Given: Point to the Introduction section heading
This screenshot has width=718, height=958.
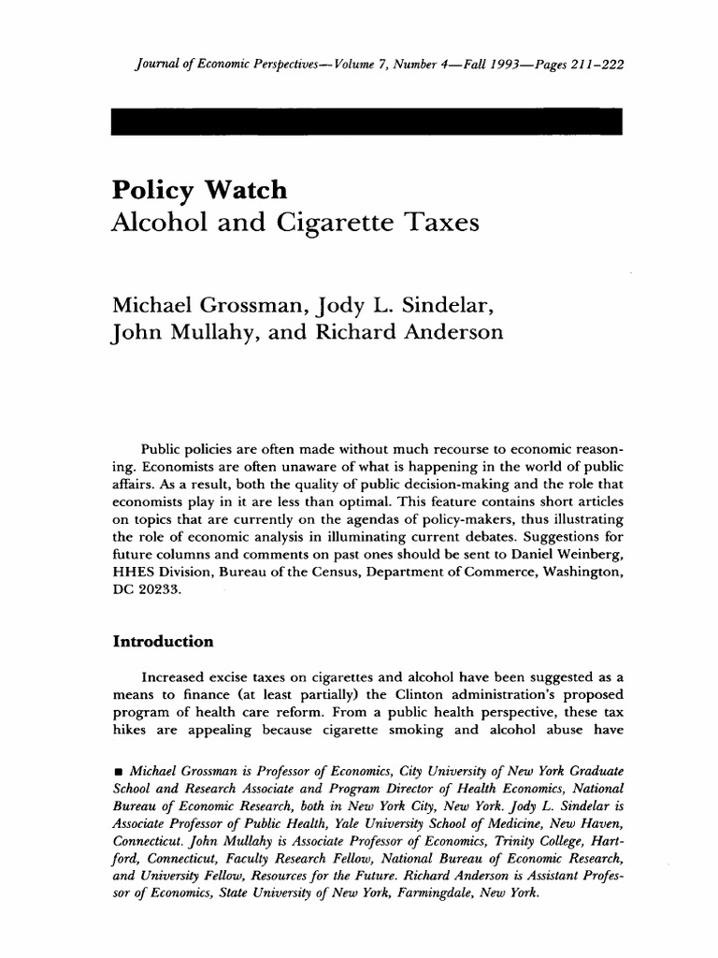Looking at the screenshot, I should (164, 643).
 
